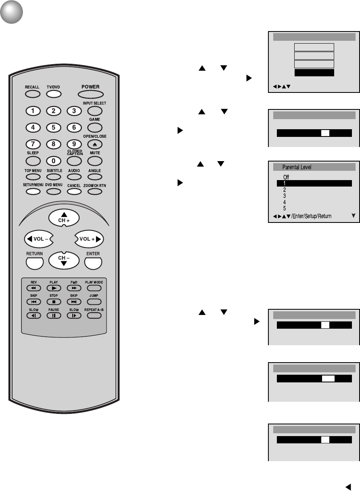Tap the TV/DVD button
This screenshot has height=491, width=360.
click(x=52, y=94)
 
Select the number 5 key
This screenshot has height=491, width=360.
click(x=54, y=128)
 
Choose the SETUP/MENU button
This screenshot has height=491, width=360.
click(x=33, y=191)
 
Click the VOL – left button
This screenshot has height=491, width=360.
click(x=38, y=239)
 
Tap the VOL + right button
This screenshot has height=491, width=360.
click(x=90, y=239)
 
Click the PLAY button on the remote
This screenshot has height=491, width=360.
click(x=54, y=288)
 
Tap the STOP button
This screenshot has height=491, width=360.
click(x=54, y=302)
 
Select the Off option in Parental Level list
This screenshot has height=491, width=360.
click(x=286, y=177)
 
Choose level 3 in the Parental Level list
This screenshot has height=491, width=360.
click(x=285, y=196)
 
